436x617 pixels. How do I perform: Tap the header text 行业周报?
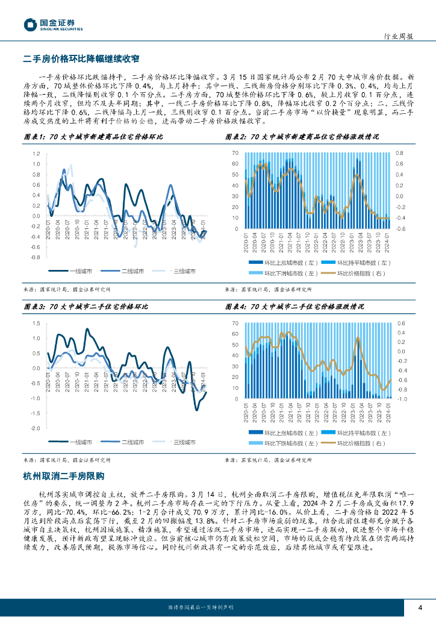[x=398, y=36]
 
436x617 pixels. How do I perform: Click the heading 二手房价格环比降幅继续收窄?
[x=81, y=58]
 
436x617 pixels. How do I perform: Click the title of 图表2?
[x=302, y=137]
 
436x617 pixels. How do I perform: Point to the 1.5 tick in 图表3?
[x=36, y=324]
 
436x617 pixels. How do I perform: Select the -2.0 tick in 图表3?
[x=36, y=428]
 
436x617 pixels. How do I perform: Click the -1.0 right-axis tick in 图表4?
[x=402, y=399]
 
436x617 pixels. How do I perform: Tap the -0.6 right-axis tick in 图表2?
[x=400, y=229]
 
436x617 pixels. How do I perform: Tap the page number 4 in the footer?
[x=420, y=606]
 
